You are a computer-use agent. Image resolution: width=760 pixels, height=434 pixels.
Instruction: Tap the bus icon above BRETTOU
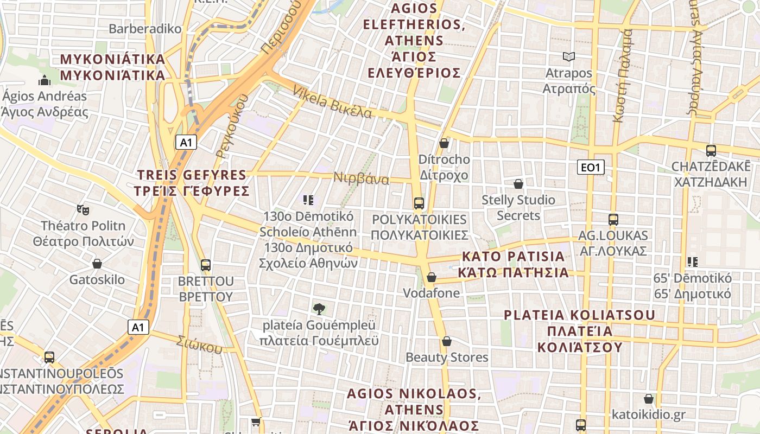206,265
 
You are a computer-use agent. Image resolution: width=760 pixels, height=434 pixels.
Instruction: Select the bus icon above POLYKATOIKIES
419,203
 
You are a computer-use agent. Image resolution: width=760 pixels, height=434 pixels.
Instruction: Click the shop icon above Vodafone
432,277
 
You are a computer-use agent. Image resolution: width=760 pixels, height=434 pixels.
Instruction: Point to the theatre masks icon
83,209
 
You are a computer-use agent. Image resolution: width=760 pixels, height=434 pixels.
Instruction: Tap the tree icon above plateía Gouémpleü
319,309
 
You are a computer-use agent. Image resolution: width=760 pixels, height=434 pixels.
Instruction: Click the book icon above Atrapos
568,56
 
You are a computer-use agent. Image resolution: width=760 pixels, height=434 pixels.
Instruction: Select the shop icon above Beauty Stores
447,341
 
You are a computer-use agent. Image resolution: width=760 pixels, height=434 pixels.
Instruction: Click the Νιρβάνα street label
362,178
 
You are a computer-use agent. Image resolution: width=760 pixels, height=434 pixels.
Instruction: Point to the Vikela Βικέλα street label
332,103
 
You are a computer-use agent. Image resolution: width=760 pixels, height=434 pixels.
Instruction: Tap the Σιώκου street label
199,343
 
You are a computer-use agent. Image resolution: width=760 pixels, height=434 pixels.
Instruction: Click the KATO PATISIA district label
513,264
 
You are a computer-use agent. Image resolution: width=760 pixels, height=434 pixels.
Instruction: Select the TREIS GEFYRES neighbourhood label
192,183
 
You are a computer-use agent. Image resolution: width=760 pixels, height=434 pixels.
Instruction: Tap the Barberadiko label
145,29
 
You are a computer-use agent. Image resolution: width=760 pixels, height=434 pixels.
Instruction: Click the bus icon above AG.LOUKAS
613,220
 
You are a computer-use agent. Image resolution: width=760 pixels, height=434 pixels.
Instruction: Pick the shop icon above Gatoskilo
97,264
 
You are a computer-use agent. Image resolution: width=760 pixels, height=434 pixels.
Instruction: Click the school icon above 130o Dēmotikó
308,200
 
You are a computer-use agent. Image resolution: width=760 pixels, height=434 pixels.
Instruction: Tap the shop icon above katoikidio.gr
648,399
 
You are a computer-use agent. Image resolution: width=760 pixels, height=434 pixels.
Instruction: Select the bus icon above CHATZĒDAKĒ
711,151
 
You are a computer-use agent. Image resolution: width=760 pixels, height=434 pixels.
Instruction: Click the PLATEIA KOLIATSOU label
579,331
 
